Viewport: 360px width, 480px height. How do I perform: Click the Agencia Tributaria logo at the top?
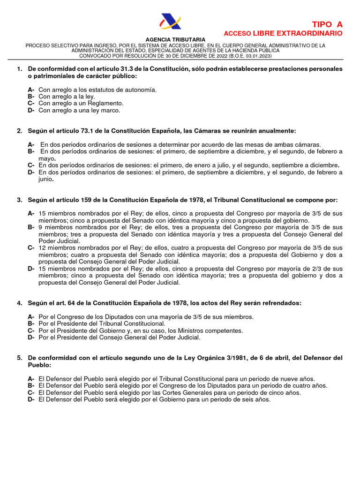170,22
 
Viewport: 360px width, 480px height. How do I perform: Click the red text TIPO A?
327,24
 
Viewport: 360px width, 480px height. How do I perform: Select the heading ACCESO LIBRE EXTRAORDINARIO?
283,34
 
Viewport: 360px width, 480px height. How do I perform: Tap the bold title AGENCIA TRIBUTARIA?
175,39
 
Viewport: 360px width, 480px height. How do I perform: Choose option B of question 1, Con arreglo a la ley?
67,97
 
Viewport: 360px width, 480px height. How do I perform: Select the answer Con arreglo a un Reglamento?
81,104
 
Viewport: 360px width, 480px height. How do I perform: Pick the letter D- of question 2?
31,172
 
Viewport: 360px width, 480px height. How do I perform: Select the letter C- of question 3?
31,248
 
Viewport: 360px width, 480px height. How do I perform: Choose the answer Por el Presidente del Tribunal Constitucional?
102,324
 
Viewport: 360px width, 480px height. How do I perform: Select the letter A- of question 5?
31,379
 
